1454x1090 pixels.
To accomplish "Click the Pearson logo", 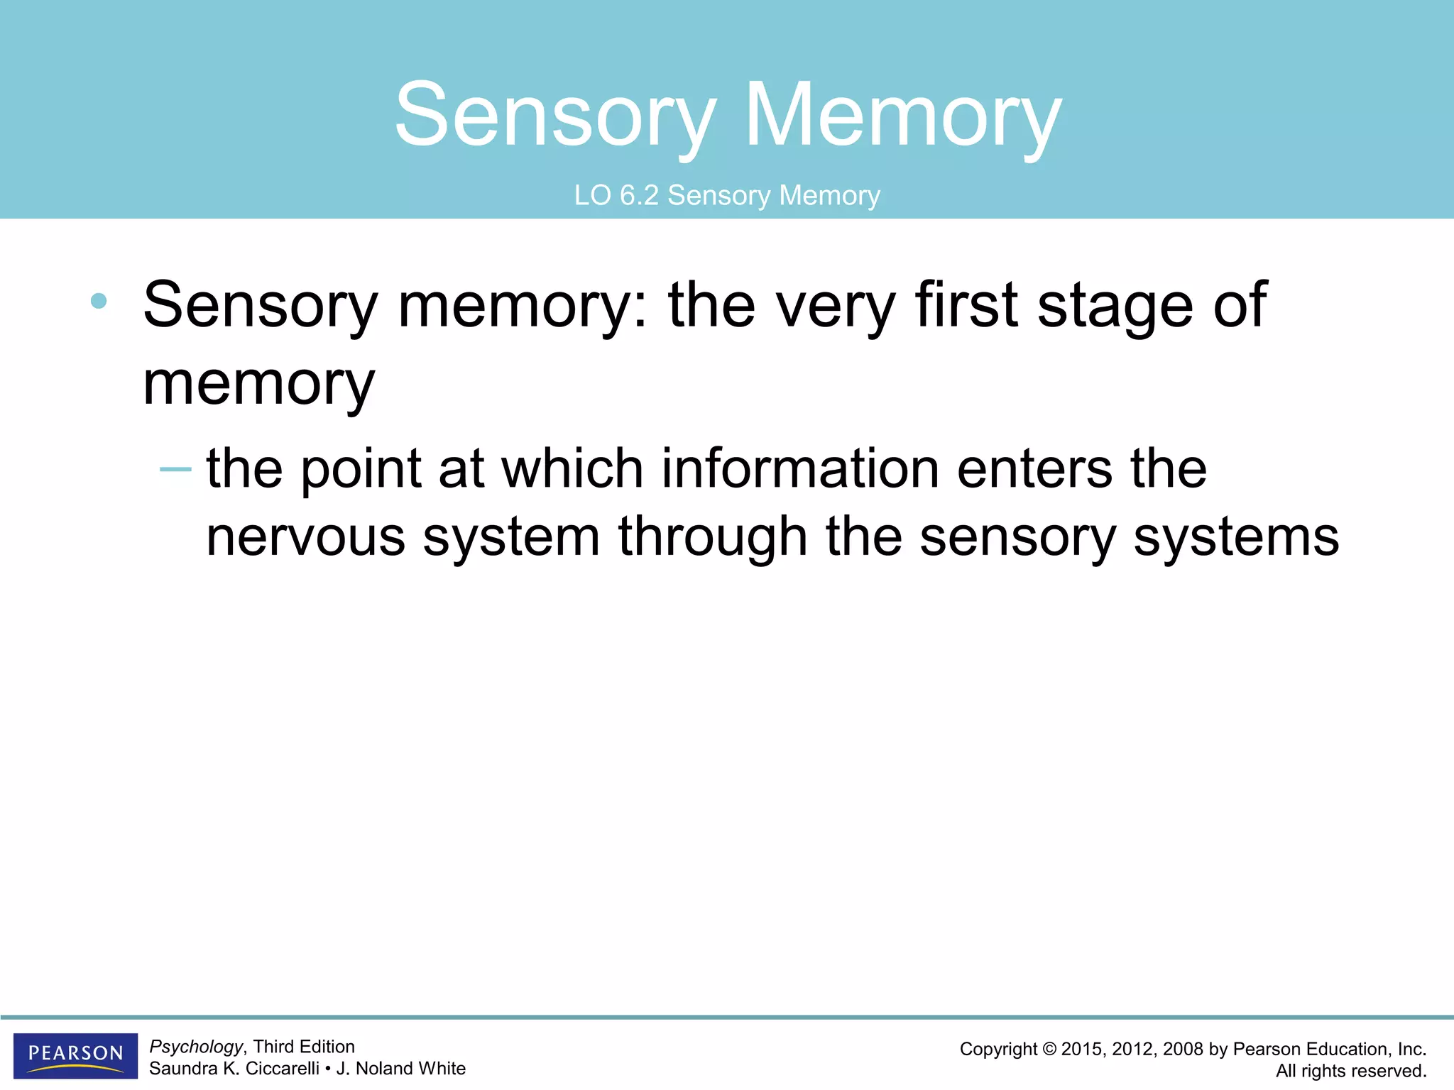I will [75, 1055].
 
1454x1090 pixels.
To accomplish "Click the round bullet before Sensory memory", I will [99, 301].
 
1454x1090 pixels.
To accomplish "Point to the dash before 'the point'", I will [175, 470].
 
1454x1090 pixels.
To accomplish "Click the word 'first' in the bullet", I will [967, 305].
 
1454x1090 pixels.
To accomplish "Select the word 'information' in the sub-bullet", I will [800, 469].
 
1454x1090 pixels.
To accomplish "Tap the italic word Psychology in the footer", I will [196, 1047].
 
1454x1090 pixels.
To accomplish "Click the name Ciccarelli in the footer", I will [282, 1068].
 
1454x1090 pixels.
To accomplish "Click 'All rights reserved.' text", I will [1350, 1071].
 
